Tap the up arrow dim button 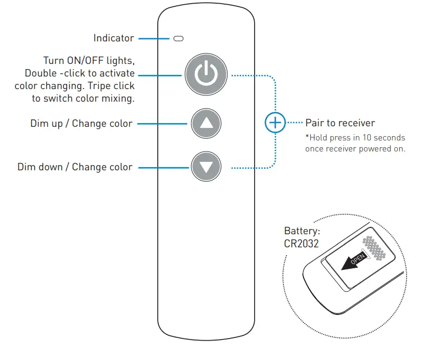pos(206,124)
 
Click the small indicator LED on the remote pos(179,39)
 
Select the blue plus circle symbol pos(274,124)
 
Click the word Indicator pos(114,38)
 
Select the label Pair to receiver pos(340,123)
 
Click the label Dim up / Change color pos(81,124)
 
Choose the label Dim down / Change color pos(75,167)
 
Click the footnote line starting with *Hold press pos(355,138)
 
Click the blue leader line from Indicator pos(154,38)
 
